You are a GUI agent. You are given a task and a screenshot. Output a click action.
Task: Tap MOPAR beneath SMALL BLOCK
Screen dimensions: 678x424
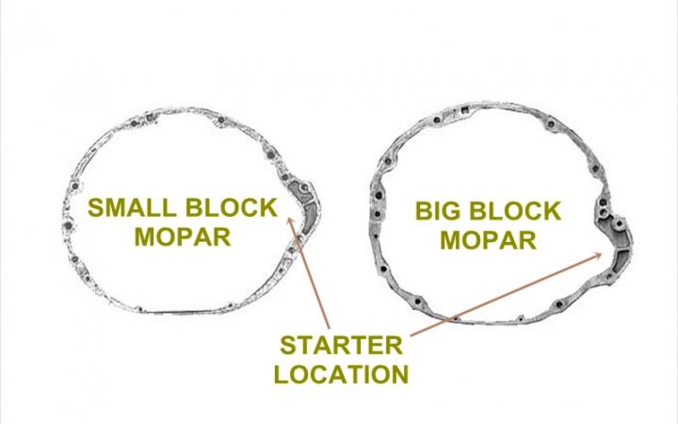(182, 236)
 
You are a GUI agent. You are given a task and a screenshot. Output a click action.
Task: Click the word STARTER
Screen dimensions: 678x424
(339, 344)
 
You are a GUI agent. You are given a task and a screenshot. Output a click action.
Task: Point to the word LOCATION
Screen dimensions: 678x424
(340, 373)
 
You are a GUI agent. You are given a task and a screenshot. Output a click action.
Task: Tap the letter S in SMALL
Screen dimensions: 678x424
(96, 207)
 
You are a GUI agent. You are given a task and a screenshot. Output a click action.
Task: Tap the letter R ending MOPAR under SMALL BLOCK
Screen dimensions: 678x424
(221, 236)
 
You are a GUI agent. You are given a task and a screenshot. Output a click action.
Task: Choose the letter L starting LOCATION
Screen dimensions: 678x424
(282, 373)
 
